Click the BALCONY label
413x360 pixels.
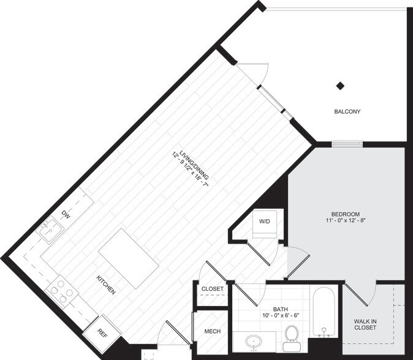click(347, 111)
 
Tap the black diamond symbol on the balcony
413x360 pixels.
click(340, 86)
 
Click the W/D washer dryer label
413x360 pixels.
click(265, 221)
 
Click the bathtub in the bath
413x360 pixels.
click(323, 313)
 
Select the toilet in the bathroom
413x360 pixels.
click(292, 334)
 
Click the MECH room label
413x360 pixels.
click(212, 332)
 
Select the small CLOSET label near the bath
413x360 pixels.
click(213, 288)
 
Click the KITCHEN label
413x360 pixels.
click(105, 285)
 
